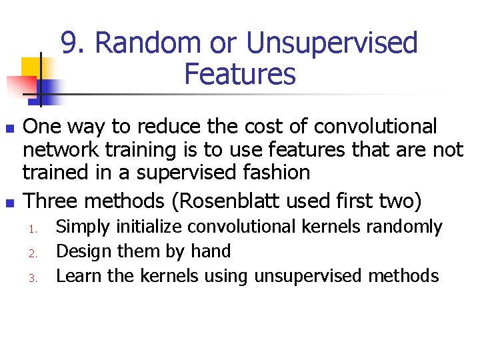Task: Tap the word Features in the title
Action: pos(239,74)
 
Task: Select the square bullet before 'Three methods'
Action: pos(9,201)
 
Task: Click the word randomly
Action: pos(408,227)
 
